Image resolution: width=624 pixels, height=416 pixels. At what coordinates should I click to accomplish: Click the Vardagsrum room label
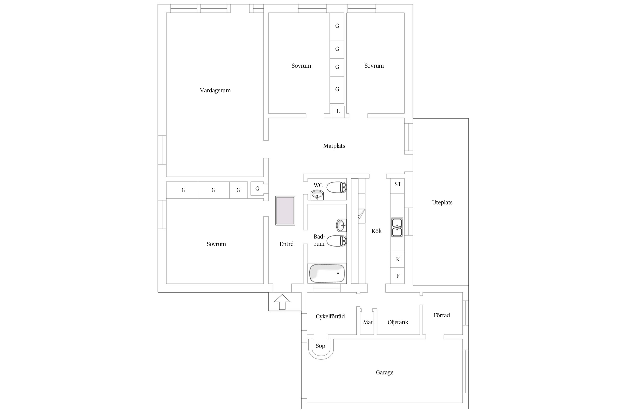click(215, 90)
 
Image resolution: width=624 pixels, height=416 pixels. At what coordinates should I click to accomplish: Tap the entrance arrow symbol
click(282, 302)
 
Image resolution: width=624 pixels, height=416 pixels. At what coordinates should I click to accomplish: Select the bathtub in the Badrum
click(327, 273)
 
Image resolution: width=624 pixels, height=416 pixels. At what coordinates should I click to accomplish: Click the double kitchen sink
click(397, 227)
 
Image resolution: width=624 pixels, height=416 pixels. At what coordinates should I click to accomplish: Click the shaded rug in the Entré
click(285, 210)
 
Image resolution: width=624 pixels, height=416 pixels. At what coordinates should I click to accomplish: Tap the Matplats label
click(334, 146)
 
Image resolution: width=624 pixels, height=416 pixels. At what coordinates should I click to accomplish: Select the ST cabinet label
click(398, 184)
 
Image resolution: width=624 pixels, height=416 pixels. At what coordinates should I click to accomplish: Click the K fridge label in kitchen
click(398, 259)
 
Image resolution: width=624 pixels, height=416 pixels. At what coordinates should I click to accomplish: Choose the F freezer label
click(398, 276)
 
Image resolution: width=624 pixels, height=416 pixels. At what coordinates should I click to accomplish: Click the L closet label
click(338, 111)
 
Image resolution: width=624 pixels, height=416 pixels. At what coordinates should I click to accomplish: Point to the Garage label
click(385, 372)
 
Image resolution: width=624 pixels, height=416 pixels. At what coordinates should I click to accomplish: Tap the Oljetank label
click(398, 322)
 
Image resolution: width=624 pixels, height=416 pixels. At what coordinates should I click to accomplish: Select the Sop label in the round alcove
click(320, 346)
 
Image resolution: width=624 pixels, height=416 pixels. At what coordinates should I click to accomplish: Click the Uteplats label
click(442, 202)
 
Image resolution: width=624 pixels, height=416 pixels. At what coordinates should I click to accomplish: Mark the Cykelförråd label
click(330, 316)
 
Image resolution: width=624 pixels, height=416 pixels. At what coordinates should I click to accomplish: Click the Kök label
click(377, 231)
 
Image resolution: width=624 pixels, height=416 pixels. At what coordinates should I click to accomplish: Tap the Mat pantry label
click(368, 322)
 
